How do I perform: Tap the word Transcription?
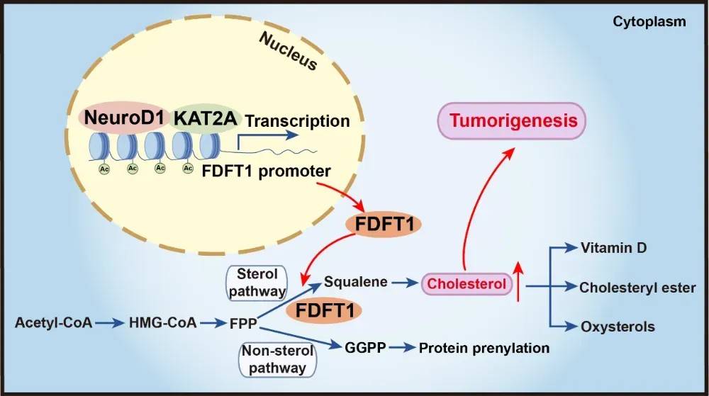coord(297,121)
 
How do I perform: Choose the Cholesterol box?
coord(467,285)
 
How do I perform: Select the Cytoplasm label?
coord(649,22)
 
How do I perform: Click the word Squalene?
coord(356,282)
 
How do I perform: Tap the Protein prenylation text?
coord(484,348)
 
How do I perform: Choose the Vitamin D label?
coord(613,248)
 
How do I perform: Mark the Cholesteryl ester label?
coord(637,288)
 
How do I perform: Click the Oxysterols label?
coord(618,327)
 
